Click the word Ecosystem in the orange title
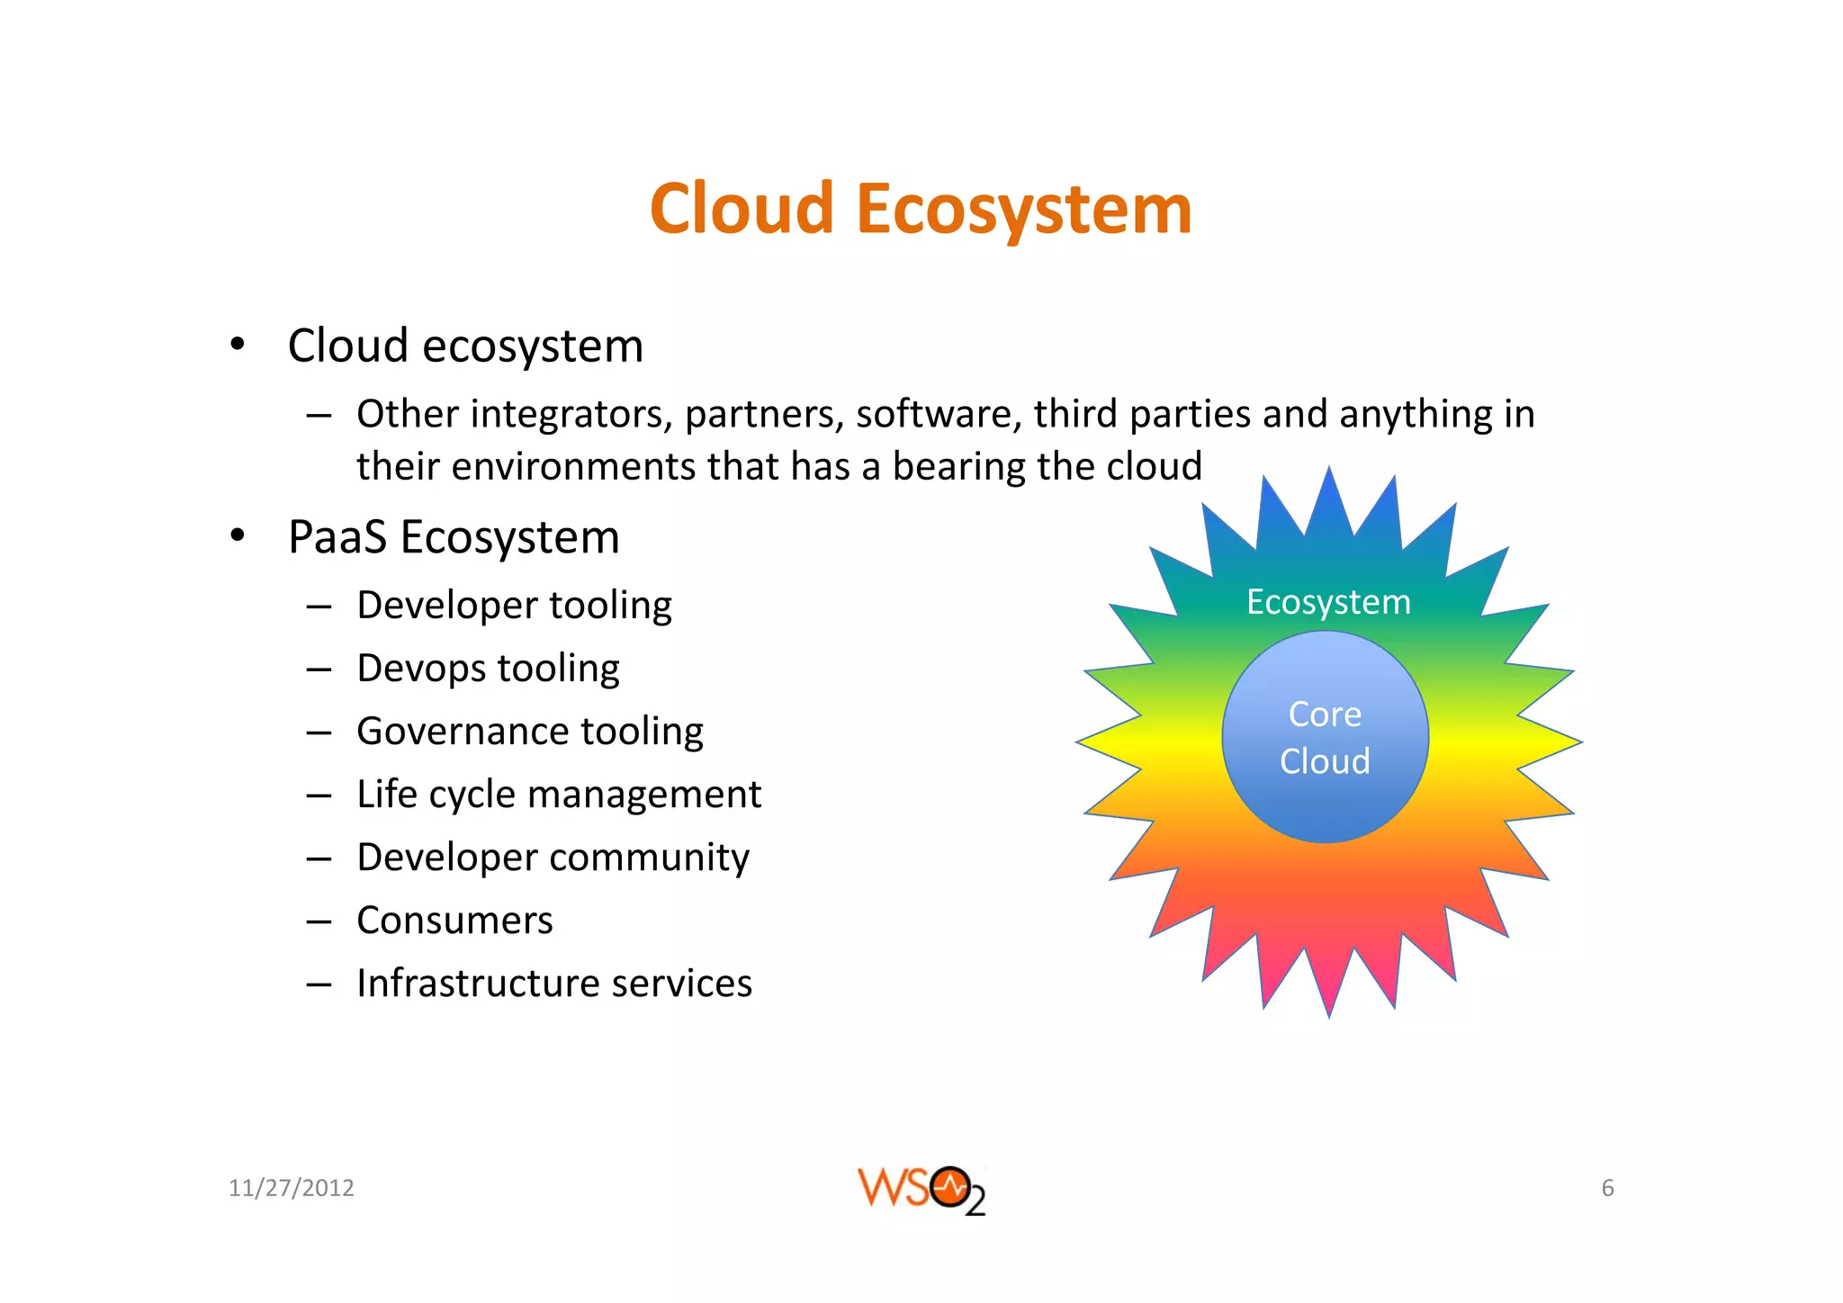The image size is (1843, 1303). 1024,210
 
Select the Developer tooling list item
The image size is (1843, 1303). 514,606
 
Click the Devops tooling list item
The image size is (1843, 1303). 488,669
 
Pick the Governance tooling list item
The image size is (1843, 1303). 529,732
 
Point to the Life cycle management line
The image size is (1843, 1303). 558,795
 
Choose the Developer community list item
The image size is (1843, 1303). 553,858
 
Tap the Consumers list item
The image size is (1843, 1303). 454,921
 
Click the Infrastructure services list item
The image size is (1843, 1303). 553,984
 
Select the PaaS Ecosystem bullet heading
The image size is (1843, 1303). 454,538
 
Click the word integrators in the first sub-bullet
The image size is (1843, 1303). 571,415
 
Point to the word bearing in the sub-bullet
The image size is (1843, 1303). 957,467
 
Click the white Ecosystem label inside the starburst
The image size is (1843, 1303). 1328,602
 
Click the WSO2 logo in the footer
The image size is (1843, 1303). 921,1190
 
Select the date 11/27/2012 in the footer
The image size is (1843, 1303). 291,1189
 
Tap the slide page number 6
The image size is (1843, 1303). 1607,1189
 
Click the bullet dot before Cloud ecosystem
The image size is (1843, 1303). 237,345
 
